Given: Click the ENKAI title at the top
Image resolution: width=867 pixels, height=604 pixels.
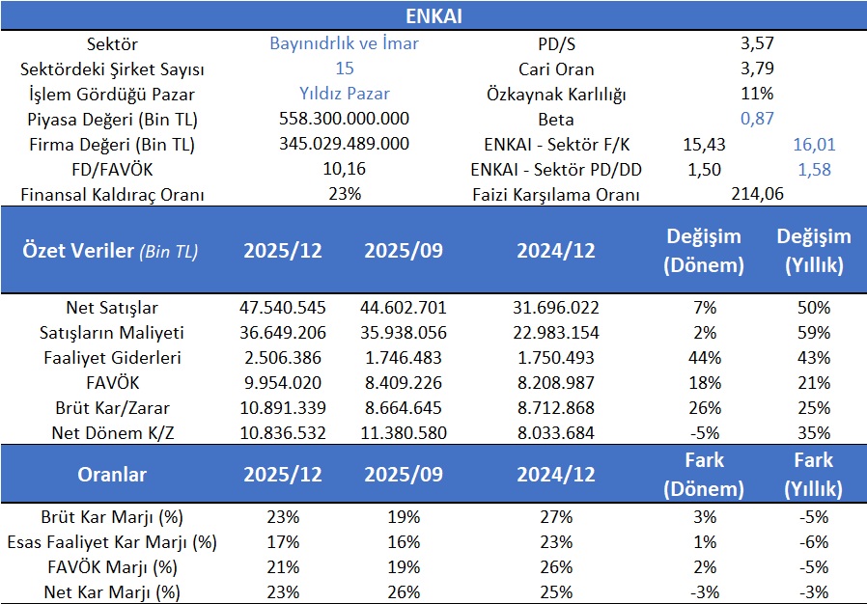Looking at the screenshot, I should pos(433,15).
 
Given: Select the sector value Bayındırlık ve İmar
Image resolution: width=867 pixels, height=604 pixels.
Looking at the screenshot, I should pos(344,43).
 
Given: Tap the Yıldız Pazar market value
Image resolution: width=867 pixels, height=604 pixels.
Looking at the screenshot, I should pos(344,94).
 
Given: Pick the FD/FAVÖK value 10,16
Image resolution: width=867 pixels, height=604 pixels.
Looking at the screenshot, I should pos(344,169).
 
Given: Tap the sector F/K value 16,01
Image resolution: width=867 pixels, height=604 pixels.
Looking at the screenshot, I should pos(814,144).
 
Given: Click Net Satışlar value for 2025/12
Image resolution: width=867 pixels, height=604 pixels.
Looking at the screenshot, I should pos(282,308).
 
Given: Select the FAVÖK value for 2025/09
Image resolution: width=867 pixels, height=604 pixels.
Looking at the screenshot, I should pos(403,383).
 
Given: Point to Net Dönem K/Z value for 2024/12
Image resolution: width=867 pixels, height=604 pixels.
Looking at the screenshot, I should pos(555,433).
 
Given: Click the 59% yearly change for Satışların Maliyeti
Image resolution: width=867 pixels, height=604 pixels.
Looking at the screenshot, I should pos(814,333).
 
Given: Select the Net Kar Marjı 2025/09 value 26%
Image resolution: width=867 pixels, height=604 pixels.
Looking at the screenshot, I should pos(403,591).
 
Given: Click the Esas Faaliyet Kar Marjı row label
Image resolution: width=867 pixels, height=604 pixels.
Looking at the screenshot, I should pos(112,541).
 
